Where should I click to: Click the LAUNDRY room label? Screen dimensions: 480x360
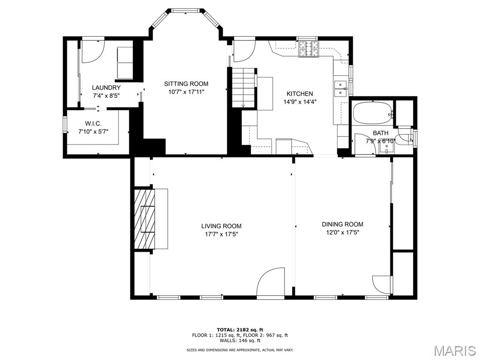point(106,88)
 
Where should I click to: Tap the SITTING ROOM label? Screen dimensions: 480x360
point(186,83)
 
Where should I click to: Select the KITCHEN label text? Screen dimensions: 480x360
point(300,94)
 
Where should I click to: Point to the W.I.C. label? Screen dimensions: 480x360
point(93,124)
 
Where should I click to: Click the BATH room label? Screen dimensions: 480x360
point(381,133)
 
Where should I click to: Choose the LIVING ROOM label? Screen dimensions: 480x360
point(221,226)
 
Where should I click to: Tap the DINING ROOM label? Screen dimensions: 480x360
point(343,225)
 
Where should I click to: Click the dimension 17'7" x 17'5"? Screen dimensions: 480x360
point(221,234)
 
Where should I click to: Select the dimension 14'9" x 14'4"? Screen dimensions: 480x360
point(300,102)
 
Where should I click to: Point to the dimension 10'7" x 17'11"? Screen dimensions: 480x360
point(186,92)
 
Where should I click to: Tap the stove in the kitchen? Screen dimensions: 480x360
point(308,49)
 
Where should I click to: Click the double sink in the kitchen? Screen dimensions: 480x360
point(340,89)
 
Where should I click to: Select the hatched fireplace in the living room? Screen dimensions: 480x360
point(144,219)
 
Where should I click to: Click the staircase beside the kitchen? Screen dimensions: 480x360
point(243,88)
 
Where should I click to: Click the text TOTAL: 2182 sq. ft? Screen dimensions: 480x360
point(240,330)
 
